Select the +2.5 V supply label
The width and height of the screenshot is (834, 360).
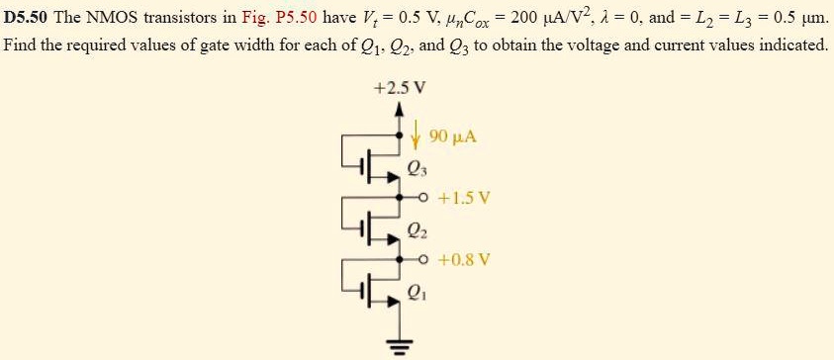pyautogui.click(x=401, y=86)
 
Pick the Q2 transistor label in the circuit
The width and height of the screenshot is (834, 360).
pyautogui.click(x=416, y=234)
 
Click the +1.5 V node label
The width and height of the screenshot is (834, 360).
pyautogui.click(x=468, y=197)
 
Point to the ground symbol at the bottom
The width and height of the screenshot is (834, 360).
pyautogui.click(x=400, y=344)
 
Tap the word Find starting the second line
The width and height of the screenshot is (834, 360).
pyautogui.click(x=21, y=45)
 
